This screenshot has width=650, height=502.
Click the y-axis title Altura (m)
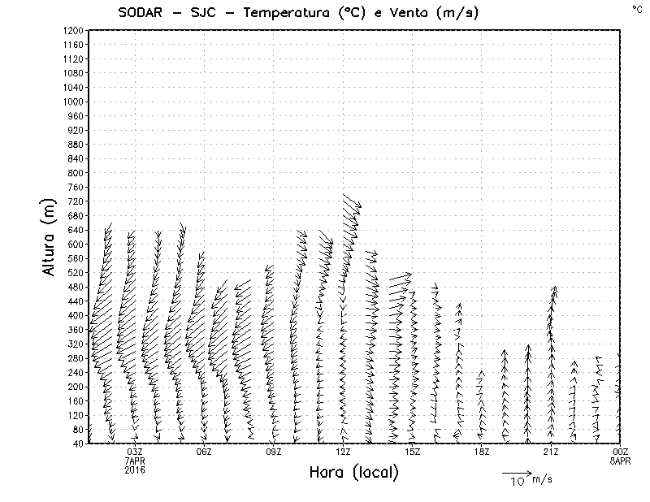50,236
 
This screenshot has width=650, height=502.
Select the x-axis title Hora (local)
354,472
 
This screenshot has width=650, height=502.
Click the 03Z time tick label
135,452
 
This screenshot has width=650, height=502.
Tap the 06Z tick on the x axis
204,452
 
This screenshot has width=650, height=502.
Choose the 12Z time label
343,452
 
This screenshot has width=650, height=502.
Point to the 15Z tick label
412,452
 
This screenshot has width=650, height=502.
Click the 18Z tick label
482,452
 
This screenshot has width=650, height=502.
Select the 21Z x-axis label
551,452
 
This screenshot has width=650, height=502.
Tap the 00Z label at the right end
621,452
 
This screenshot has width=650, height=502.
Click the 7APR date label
135,461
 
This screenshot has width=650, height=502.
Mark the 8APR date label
621,461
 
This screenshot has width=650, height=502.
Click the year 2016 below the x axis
135,470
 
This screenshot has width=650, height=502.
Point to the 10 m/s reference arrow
516,472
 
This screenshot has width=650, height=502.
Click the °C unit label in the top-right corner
636,8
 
